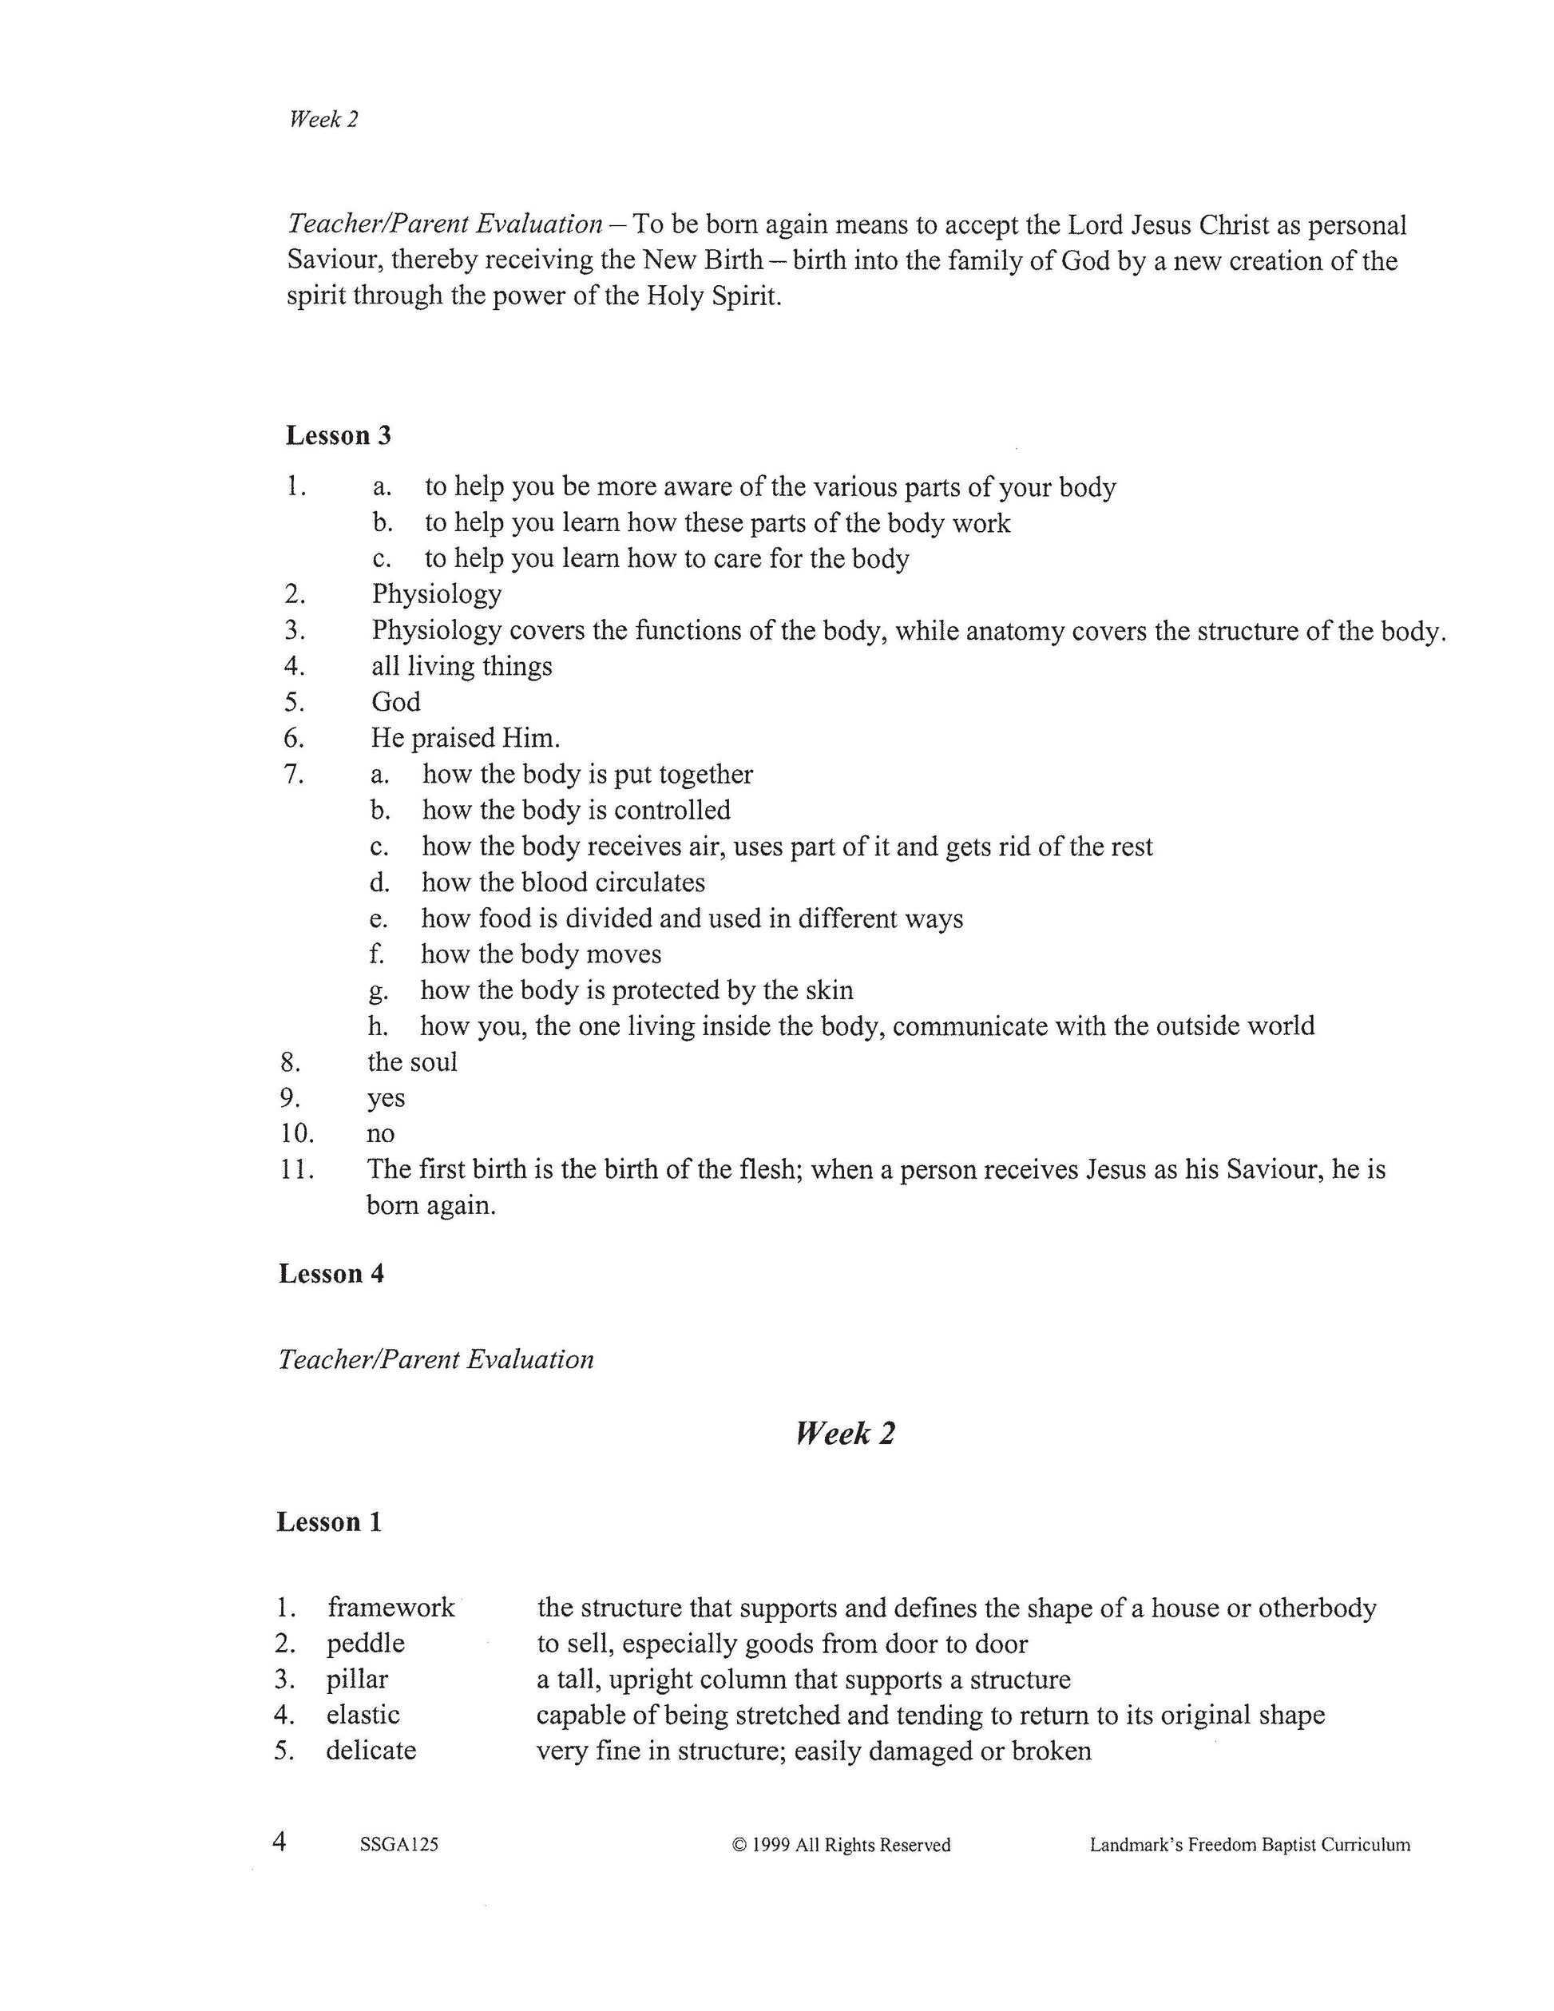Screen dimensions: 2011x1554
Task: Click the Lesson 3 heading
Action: click(338, 435)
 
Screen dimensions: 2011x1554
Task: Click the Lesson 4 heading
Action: click(331, 1274)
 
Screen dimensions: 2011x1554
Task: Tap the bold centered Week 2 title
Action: click(845, 1434)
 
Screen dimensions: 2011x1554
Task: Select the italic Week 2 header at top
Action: click(323, 119)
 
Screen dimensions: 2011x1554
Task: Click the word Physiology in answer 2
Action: click(436, 594)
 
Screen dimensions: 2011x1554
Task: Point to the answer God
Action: click(396, 703)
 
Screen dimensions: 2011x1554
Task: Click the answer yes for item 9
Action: click(386, 1098)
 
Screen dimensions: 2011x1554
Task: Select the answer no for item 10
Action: click(380, 1133)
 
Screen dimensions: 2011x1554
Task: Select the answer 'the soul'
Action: click(412, 1062)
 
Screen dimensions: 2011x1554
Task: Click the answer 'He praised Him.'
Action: click(466, 739)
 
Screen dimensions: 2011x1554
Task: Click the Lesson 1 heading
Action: click(329, 1522)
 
